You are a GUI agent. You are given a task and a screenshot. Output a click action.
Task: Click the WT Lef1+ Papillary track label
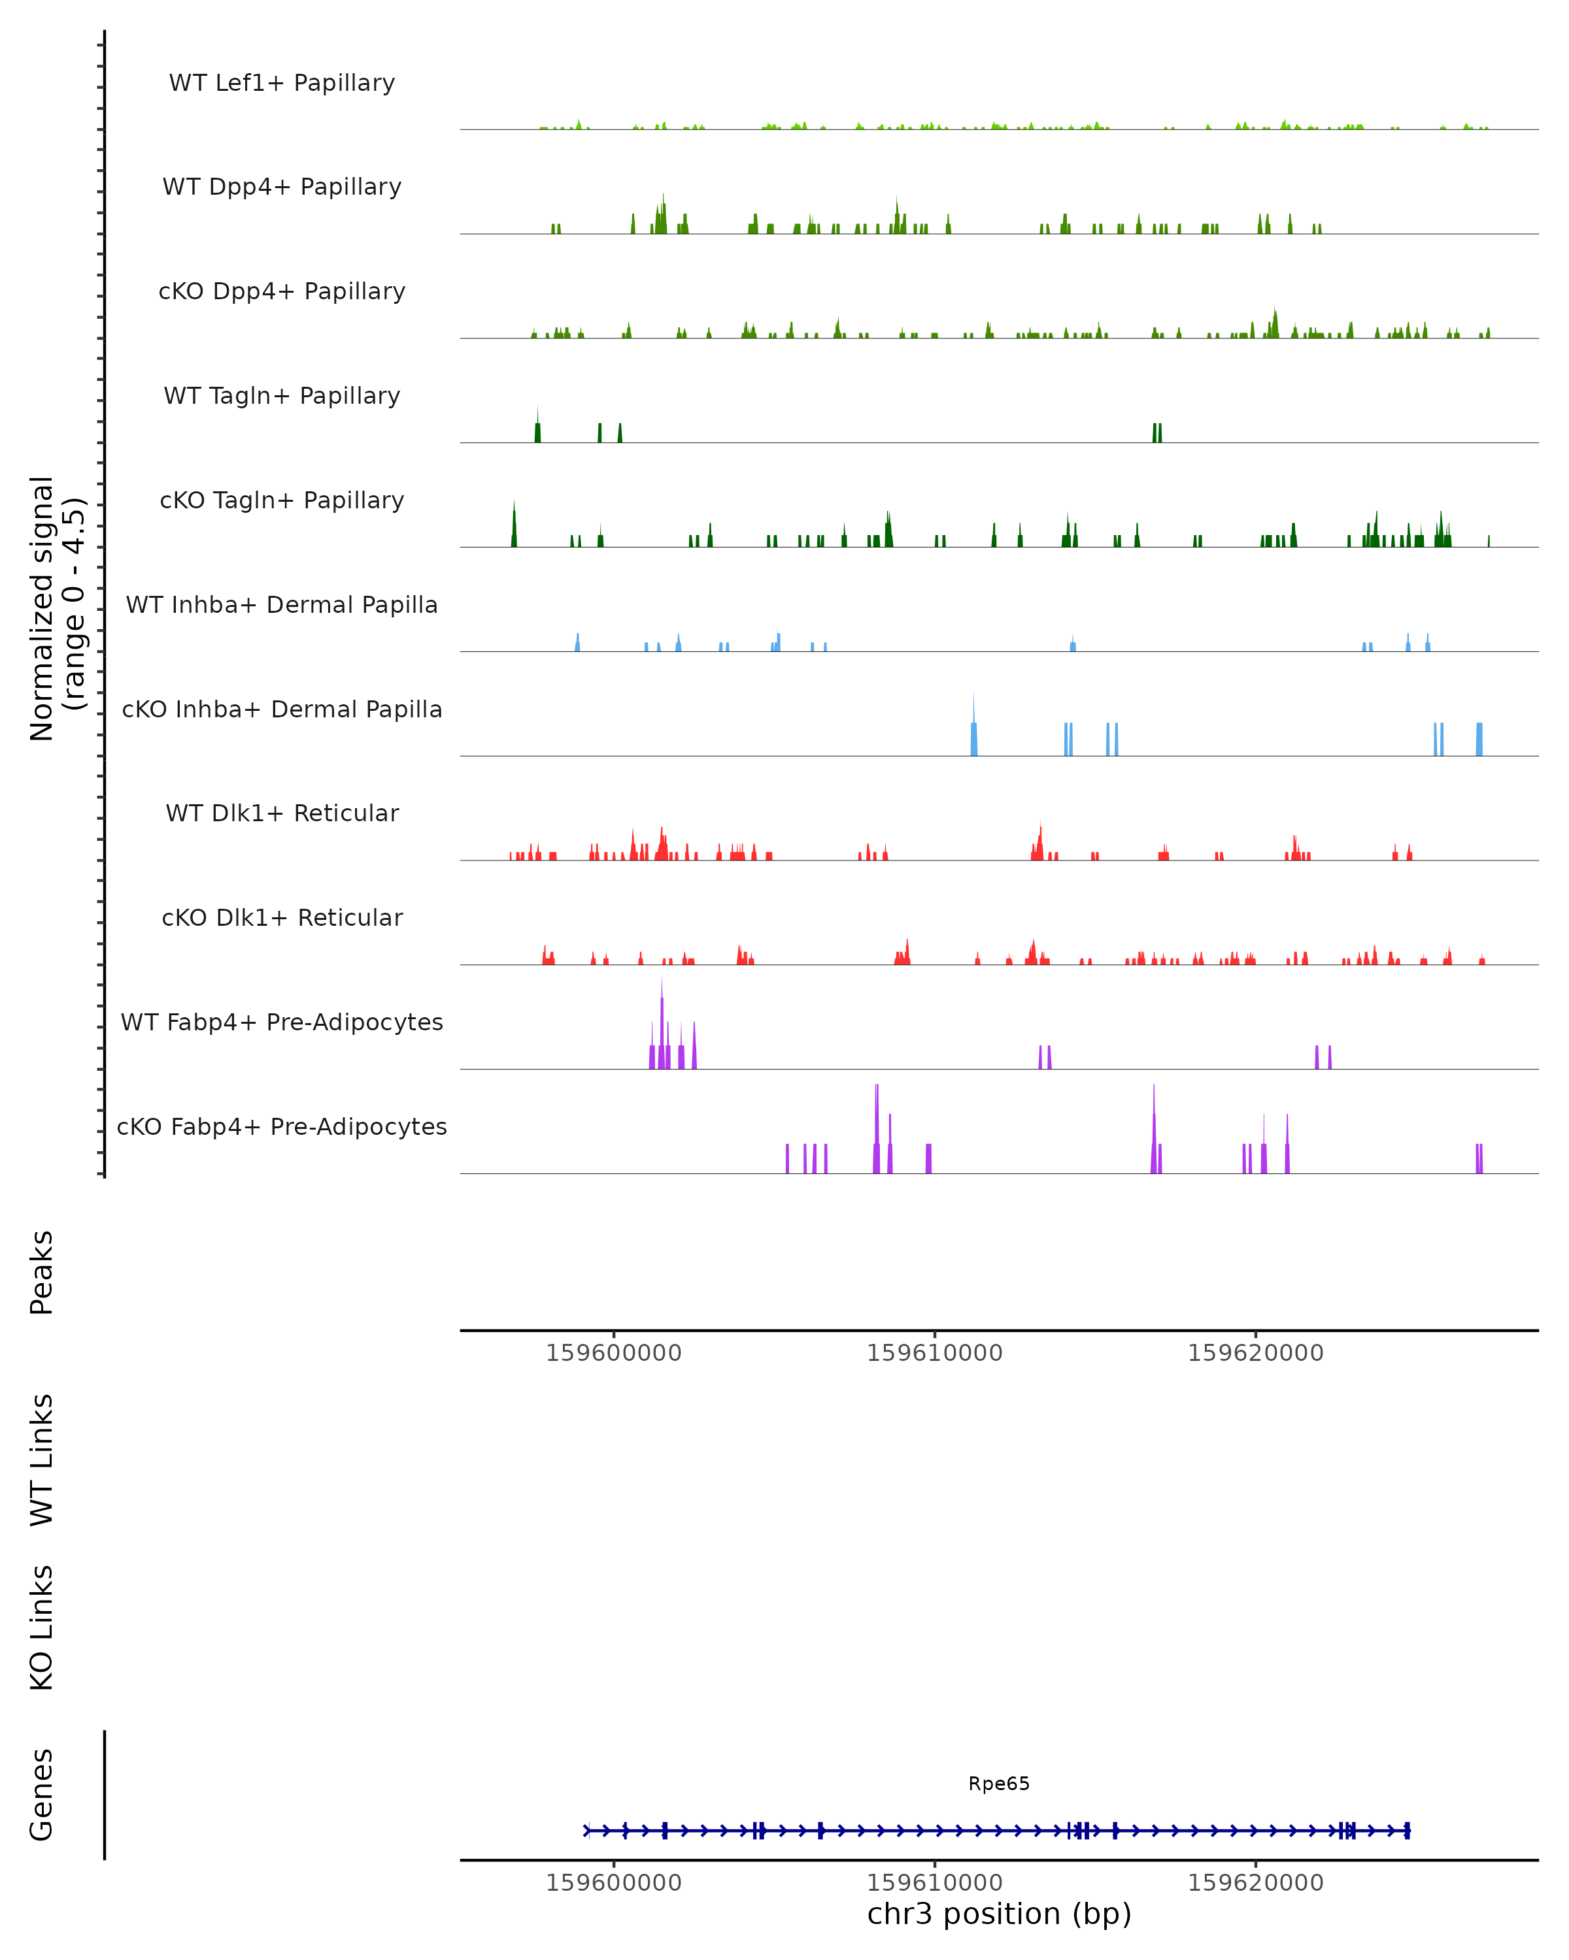coord(282,83)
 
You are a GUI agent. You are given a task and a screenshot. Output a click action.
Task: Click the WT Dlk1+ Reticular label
coord(282,813)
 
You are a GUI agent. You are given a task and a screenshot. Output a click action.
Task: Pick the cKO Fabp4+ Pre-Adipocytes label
coord(282,1126)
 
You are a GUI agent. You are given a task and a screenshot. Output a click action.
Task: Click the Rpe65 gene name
coord(999,1784)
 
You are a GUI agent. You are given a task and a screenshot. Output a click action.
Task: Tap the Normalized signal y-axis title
coord(56,608)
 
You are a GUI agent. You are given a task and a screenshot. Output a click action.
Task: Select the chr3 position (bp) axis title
coord(999,1914)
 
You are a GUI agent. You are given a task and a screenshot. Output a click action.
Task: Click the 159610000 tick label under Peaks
coord(934,1353)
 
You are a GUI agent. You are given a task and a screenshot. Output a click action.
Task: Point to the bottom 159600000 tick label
coord(613,1883)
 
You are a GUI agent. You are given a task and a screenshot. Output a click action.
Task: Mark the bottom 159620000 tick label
coord(1255,1883)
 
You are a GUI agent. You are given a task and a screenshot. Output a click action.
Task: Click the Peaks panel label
coord(42,1272)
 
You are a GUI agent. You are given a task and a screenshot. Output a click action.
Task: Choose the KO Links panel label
coord(42,1627)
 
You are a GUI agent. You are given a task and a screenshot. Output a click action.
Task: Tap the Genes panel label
coord(42,1795)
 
